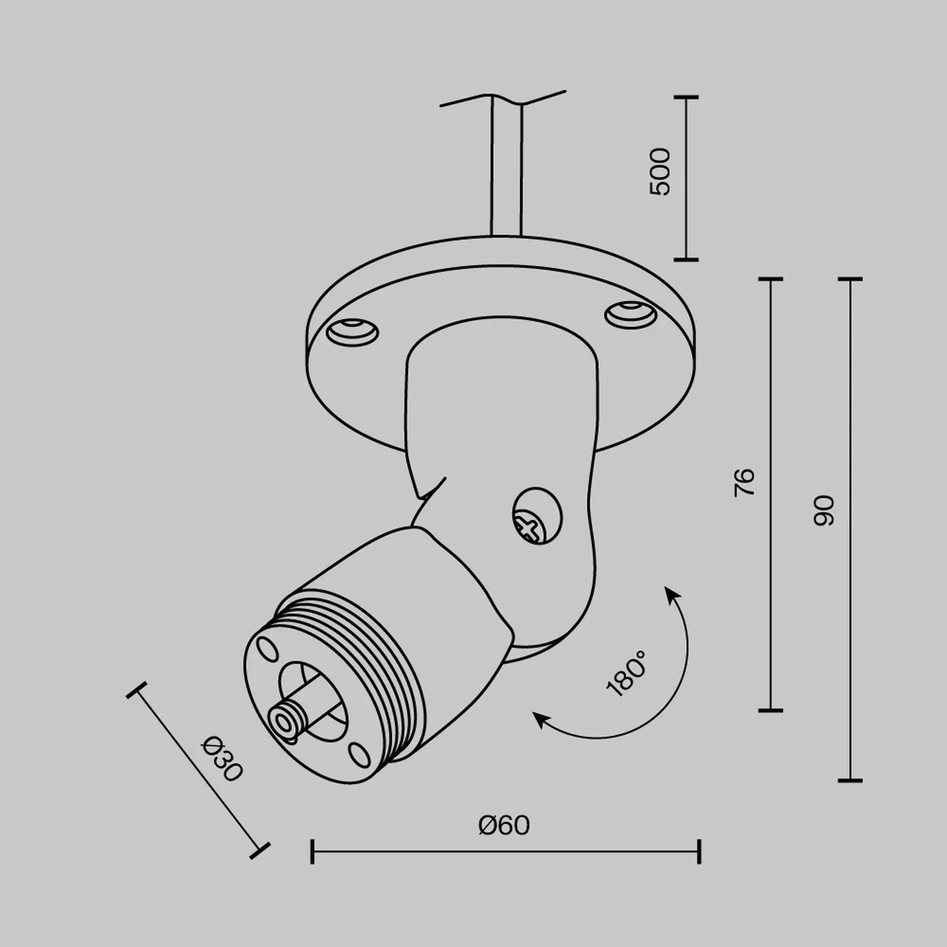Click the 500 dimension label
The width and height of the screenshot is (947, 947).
pyautogui.click(x=660, y=172)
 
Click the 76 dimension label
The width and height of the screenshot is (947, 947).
pyautogui.click(x=744, y=483)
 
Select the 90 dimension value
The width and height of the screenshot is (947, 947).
pyautogui.click(x=824, y=511)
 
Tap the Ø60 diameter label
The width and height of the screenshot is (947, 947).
pyautogui.click(x=504, y=825)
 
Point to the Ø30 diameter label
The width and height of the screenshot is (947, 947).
pyautogui.click(x=221, y=759)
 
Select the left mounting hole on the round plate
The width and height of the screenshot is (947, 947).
pyautogui.click(x=352, y=332)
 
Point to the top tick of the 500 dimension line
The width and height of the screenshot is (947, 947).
pyautogui.click(x=686, y=97)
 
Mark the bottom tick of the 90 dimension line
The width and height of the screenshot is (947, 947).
pyautogui.click(x=850, y=780)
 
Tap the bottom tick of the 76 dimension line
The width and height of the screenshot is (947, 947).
pyautogui.click(x=770, y=710)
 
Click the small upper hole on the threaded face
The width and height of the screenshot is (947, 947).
pyautogui.click(x=268, y=649)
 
